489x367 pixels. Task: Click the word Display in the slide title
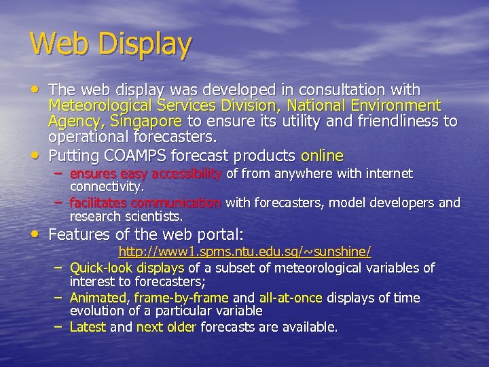point(142,46)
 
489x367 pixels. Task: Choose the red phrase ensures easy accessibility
point(146,174)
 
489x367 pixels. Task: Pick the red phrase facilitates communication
point(145,203)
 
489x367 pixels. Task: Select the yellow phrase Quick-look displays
point(128,268)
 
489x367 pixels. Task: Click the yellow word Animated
point(99,298)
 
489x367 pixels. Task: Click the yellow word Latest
point(88,327)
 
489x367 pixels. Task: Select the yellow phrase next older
point(166,327)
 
